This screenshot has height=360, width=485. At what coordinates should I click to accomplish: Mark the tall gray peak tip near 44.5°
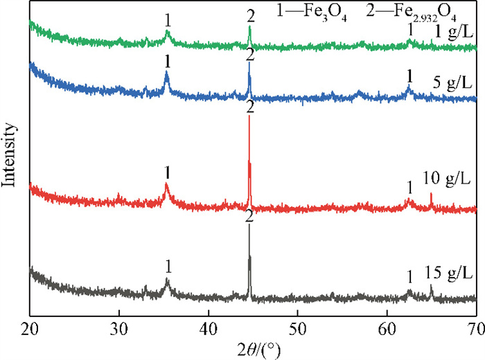[x=249, y=226]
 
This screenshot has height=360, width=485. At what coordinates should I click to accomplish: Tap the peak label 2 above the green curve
[x=249, y=15]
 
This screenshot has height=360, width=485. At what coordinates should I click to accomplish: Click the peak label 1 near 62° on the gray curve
[x=409, y=276]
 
